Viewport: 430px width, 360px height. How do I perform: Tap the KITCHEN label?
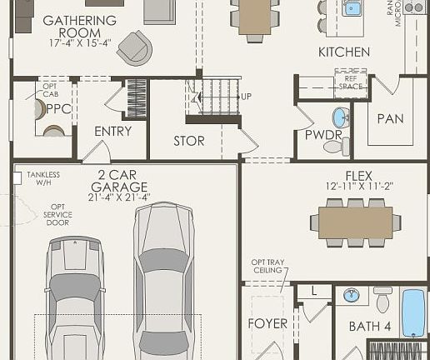point(344,52)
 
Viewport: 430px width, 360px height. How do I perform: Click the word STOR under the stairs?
point(188,141)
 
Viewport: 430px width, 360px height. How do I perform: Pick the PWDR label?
point(323,134)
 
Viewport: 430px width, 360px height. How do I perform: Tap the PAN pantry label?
point(390,118)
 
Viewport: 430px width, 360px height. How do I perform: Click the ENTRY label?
point(112,131)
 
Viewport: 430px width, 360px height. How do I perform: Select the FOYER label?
point(267,323)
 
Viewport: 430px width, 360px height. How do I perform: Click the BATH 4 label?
point(369,326)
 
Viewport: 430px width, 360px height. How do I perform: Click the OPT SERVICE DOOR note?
point(57,215)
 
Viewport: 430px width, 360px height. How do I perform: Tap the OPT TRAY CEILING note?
point(267,267)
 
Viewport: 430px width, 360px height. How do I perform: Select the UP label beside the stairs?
point(246,97)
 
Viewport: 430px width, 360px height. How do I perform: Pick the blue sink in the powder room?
point(340,116)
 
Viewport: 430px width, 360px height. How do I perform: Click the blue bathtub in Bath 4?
point(413,312)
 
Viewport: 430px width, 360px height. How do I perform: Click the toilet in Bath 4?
point(382,299)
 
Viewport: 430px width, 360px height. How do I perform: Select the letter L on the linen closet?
point(315,291)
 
